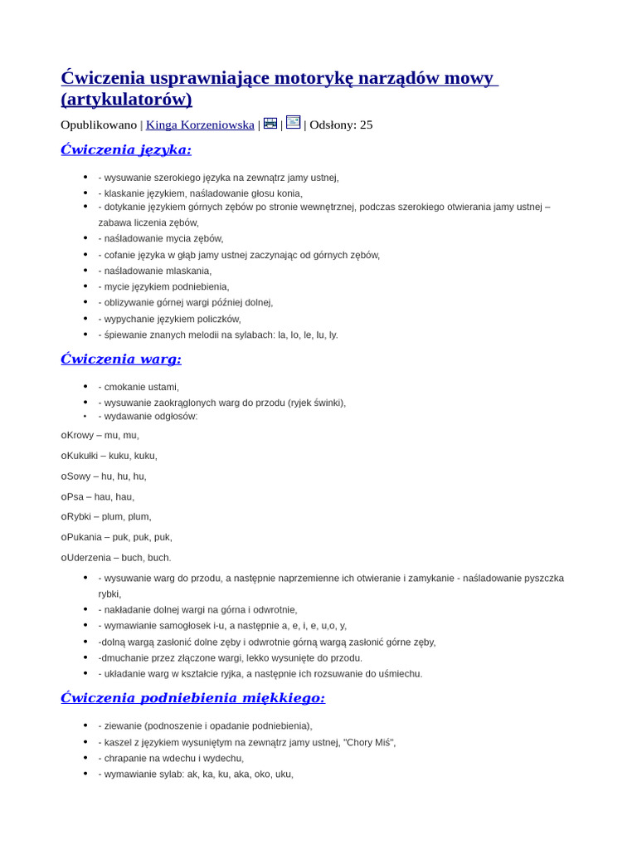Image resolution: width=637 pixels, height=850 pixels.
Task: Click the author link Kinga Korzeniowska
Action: pyautogui.click(x=200, y=125)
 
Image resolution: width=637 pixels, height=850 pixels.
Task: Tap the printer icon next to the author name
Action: pyautogui.click(x=270, y=124)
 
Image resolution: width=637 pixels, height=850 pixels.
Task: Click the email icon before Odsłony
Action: pyautogui.click(x=293, y=123)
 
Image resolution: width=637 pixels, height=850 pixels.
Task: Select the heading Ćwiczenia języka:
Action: pyautogui.click(x=126, y=149)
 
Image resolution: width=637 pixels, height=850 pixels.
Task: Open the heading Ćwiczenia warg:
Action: pyautogui.click(x=121, y=359)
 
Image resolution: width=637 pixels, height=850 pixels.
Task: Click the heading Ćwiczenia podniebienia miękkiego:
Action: pyautogui.click(x=192, y=698)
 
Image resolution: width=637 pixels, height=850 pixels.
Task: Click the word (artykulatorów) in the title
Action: pyautogui.click(x=126, y=100)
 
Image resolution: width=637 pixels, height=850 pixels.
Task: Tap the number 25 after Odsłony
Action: pyautogui.click(x=366, y=125)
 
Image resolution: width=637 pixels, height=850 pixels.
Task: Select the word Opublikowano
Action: pyautogui.click(x=99, y=125)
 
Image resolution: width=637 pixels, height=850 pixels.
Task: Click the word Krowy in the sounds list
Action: pyautogui.click(x=80, y=435)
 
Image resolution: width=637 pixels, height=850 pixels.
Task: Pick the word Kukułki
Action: pyautogui.click(x=82, y=456)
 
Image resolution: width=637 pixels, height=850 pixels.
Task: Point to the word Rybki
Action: pyautogui.click(x=80, y=516)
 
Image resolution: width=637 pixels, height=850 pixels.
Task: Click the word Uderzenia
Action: pyautogui.click(x=87, y=558)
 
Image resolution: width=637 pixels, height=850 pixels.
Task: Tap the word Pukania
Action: pyautogui.click(x=84, y=537)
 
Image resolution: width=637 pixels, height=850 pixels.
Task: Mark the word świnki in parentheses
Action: pyautogui.click(x=326, y=403)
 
